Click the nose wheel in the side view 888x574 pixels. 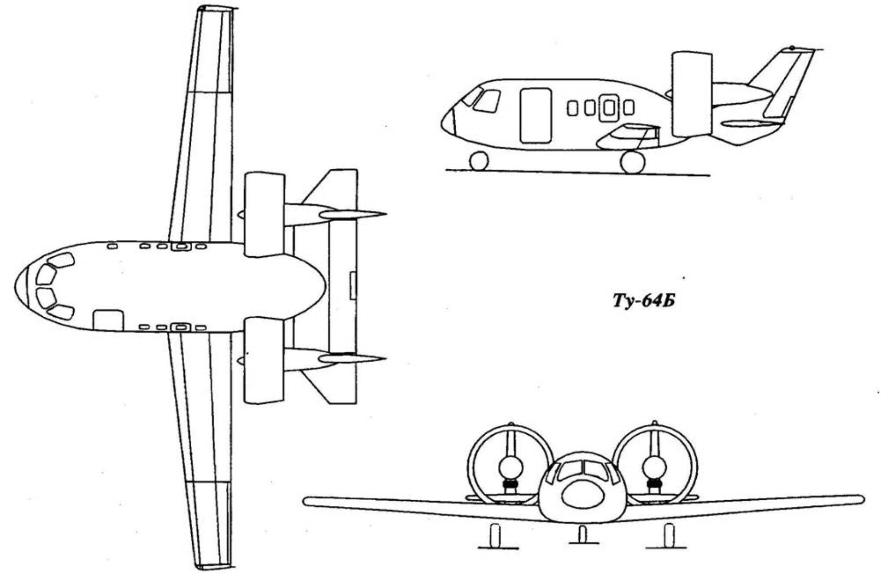pyautogui.click(x=479, y=161)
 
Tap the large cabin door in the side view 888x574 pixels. pyautogui.click(x=535, y=115)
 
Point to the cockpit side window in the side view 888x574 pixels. pyautogui.click(x=486, y=102)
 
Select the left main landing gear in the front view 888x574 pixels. pyautogui.click(x=495, y=535)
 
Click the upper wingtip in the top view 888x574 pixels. pyautogui.click(x=215, y=8)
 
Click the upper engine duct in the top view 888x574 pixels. pyautogui.click(x=264, y=214)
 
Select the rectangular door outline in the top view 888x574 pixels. pyautogui.click(x=108, y=320)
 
